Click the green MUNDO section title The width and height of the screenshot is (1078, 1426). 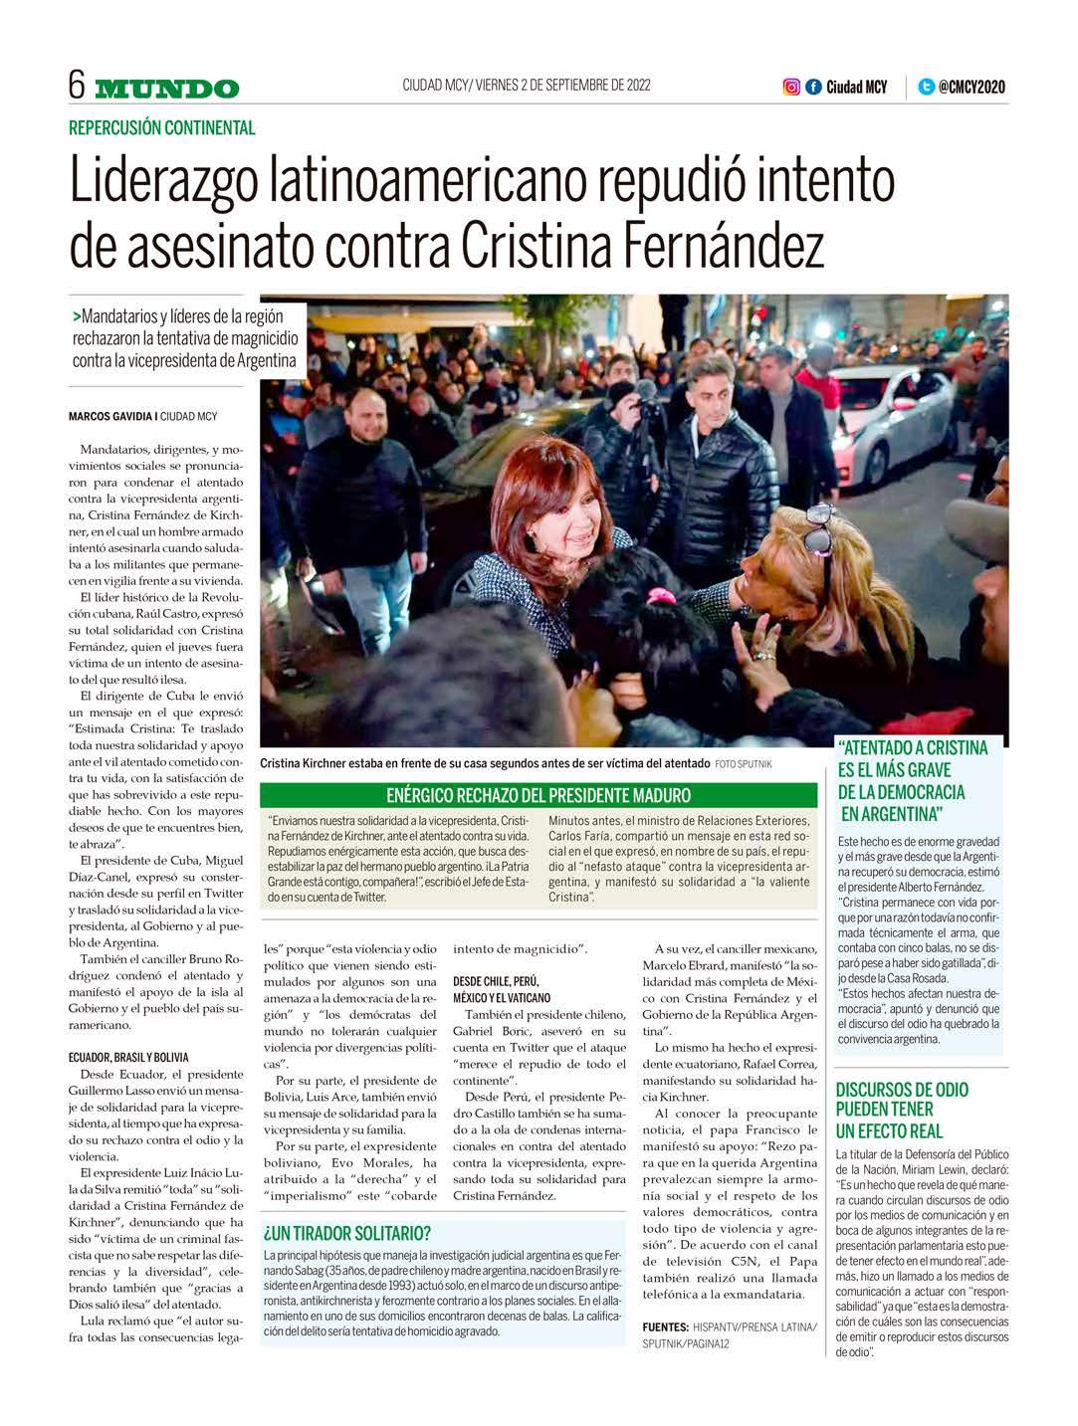tap(167, 89)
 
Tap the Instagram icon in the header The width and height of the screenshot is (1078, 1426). tap(791, 87)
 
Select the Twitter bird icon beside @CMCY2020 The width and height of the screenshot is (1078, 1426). tap(926, 87)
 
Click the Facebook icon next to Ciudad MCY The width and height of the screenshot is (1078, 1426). tap(813, 87)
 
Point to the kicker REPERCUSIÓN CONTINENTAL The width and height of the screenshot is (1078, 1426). tap(162, 127)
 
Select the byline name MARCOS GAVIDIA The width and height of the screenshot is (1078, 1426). tap(109, 416)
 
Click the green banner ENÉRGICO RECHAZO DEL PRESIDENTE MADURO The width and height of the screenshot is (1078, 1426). tap(538, 795)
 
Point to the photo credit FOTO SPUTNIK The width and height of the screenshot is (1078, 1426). tap(743, 763)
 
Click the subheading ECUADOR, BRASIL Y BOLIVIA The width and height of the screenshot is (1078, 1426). tap(128, 1057)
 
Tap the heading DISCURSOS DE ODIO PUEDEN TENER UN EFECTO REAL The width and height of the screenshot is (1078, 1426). tap(902, 1110)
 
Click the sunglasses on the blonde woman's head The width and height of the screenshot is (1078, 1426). tap(818, 527)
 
